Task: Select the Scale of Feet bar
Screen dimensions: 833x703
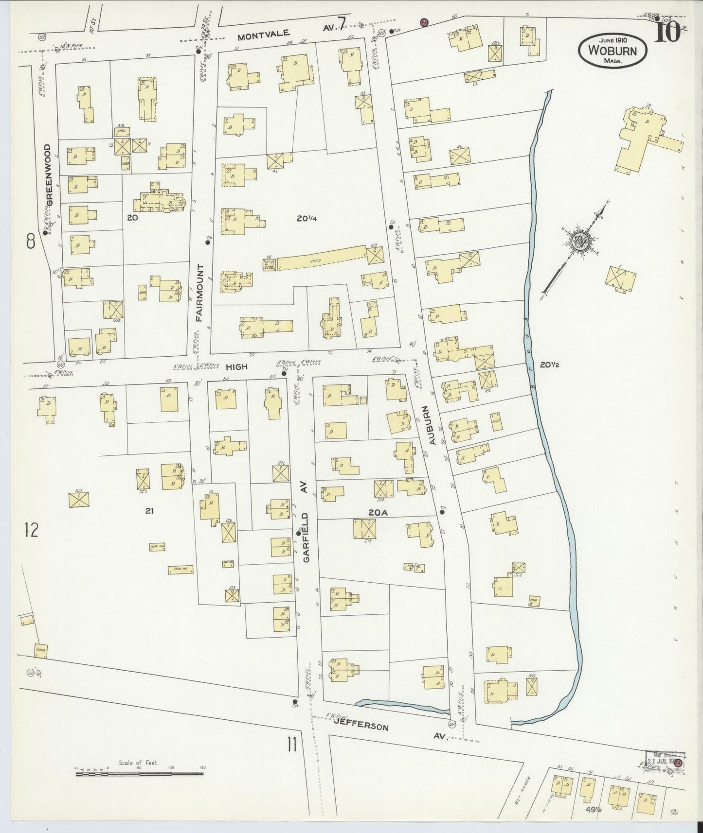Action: (x=140, y=772)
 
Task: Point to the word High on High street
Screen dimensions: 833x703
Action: (x=236, y=366)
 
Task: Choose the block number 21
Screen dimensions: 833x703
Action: (x=149, y=511)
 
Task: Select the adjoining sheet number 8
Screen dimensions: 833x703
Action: (x=31, y=241)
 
